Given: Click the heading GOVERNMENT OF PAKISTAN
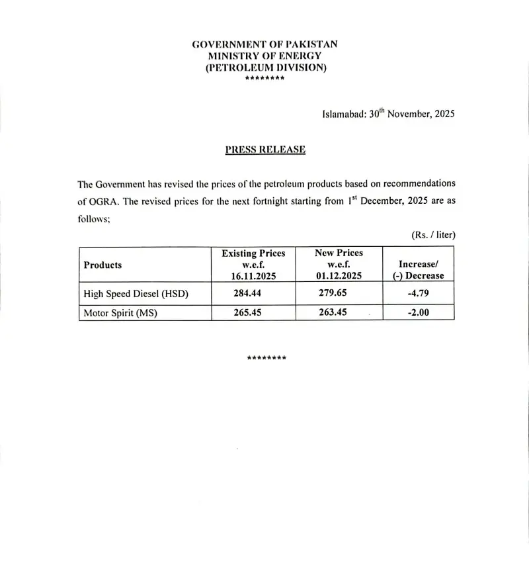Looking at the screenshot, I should pyautogui.click(x=264, y=44).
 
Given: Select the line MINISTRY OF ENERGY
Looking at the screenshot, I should pyautogui.click(x=264, y=56).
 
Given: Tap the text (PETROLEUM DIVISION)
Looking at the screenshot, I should pyautogui.click(x=266, y=68).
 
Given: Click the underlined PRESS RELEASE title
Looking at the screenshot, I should pyautogui.click(x=265, y=150).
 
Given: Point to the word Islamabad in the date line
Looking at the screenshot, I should pyautogui.click(x=343, y=114).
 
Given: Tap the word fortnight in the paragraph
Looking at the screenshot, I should pyautogui.click(x=267, y=202).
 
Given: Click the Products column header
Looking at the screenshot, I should pyautogui.click(x=102, y=265).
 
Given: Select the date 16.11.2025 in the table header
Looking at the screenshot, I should pyautogui.click(x=253, y=276).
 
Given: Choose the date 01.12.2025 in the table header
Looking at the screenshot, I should pyautogui.click(x=339, y=276).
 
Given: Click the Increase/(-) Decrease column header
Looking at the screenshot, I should pyautogui.click(x=418, y=270).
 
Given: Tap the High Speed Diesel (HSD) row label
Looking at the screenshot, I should pyautogui.click(x=136, y=294).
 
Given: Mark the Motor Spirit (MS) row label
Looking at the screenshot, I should pyautogui.click(x=120, y=313).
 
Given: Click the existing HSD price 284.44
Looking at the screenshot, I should pyautogui.click(x=246, y=293).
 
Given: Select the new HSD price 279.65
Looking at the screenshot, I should pyautogui.click(x=333, y=293).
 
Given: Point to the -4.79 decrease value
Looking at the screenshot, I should pyautogui.click(x=418, y=293).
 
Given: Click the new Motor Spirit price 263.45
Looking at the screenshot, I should pyautogui.click(x=333, y=312).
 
